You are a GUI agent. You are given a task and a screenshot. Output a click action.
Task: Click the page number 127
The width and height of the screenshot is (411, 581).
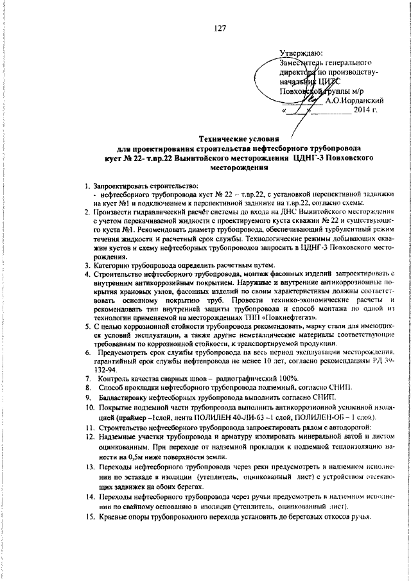pos(220,28)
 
